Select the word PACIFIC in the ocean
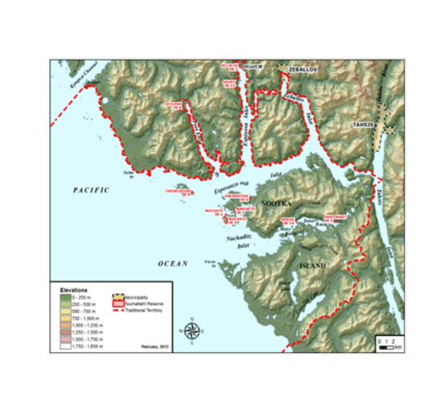[90, 189]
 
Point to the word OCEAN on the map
[174, 263]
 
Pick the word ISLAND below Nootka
[311, 267]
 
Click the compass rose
[193, 330]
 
